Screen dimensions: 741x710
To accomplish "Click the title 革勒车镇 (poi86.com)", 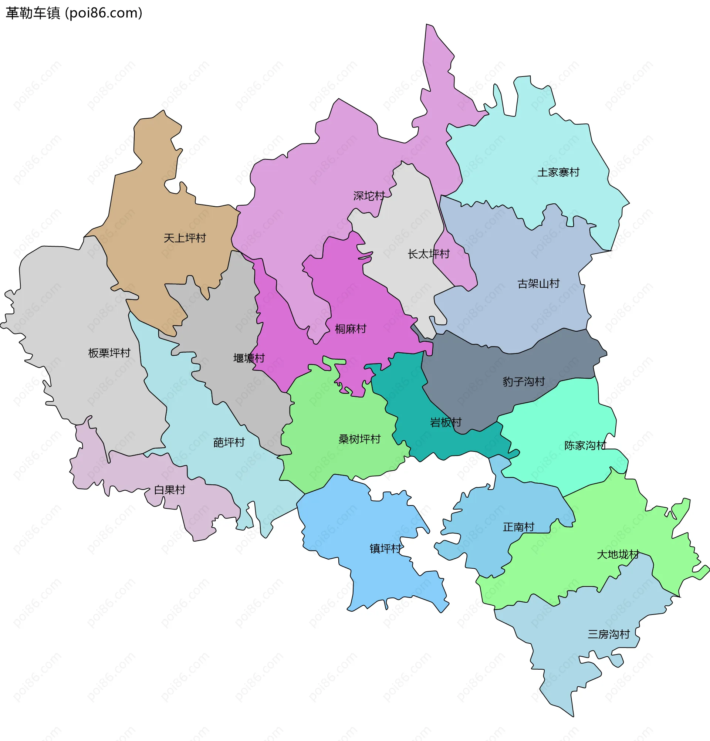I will tap(74, 13).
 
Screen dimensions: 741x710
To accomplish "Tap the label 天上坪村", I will tap(185, 238).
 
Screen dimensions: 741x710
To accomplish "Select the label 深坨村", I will tap(369, 196).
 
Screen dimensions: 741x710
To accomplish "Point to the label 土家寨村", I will tap(558, 172).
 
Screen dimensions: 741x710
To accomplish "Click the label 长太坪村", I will tap(428, 254).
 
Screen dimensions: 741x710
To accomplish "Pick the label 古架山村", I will tap(538, 284).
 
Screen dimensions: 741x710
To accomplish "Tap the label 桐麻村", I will tap(351, 329).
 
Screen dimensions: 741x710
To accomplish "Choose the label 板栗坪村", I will tap(109, 353).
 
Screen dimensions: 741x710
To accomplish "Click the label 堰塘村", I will tap(249, 358).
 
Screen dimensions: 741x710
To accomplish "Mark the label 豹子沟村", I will tap(523, 382).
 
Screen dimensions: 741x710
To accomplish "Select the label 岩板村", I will tap(446, 422).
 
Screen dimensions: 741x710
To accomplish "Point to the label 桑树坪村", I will tap(359, 439).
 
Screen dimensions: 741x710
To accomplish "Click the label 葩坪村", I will tap(229, 442).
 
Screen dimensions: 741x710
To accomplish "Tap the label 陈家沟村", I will tap(585, 445).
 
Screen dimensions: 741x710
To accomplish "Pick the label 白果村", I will tap(169, 490).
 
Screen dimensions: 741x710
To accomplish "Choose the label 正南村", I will tap(518, 527).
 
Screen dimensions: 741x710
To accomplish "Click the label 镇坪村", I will tap(385, 549).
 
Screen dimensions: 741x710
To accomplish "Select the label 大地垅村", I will tap(618, 555).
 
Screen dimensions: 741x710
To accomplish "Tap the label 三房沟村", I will tap(608, 634).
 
